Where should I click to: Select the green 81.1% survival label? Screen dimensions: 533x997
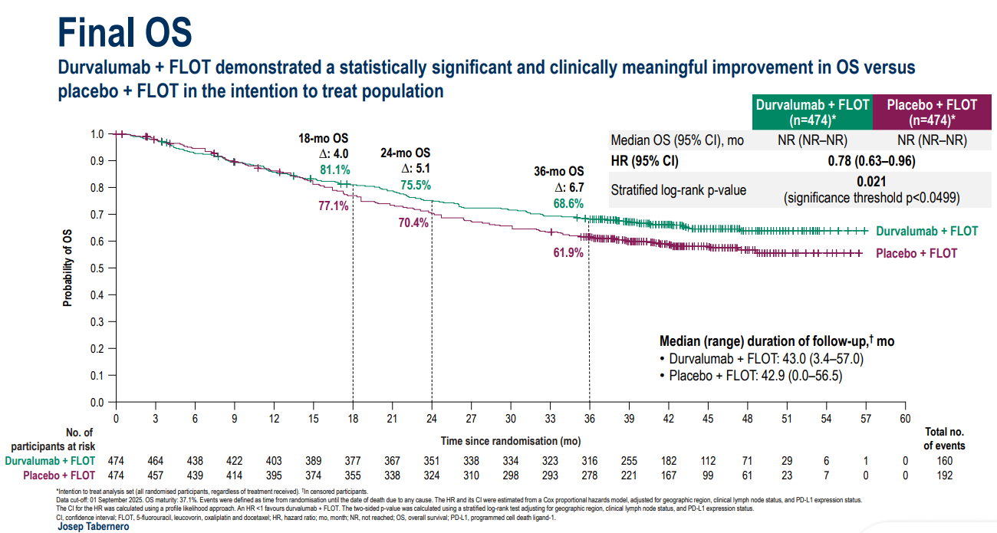point(335,169)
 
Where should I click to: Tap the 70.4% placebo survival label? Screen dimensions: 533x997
point(413,223)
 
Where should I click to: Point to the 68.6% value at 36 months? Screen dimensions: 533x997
point(568,204)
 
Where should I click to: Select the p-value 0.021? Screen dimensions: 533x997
point(873,182)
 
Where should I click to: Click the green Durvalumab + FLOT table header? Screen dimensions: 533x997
point(812,112)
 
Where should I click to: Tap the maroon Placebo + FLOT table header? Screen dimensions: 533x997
point(932,112)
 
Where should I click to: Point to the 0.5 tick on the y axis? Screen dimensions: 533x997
point(97,268)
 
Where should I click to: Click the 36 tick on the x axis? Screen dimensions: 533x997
point(589,418)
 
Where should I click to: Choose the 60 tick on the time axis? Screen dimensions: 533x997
point(905,418)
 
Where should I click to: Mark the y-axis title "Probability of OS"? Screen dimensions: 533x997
point(67,268)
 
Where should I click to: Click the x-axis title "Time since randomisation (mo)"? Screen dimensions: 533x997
point(510,441)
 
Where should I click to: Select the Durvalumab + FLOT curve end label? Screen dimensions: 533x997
point(927,231)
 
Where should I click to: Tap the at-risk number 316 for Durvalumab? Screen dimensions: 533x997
point(589,461)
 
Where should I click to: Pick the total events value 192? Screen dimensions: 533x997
point(944,475)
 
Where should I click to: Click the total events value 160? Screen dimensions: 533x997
point(944,461)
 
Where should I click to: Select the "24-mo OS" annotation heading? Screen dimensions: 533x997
point(406,153)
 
